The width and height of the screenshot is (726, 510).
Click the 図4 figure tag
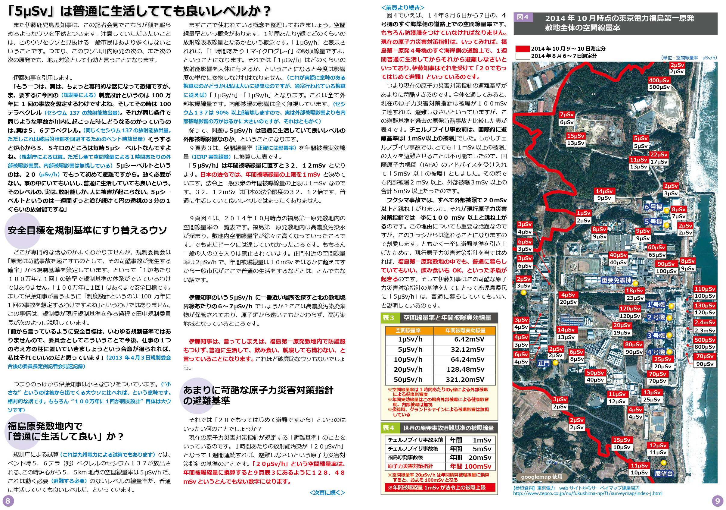click(522, 17)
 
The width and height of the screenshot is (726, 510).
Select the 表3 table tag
click(388, 317)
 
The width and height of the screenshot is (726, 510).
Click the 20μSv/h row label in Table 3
click(408, 369)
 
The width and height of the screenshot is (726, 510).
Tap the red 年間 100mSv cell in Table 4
click(470, 466)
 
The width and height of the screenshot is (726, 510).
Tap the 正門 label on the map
click(544, 363)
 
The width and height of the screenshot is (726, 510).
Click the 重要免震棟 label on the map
click(616, 280)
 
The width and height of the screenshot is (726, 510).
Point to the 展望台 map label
click(663, 474)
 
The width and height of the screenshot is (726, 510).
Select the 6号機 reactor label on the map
click(653, 207)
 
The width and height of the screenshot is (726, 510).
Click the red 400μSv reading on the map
click(659, 80)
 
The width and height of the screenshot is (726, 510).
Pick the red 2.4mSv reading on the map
click(705, 323)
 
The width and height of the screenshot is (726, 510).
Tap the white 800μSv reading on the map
click(705, 347)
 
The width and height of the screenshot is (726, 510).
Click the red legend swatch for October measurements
click(522, 49)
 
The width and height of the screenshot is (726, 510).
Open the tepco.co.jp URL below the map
click(588, 493)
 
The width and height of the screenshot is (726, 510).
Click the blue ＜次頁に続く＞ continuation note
click(327, 493)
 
